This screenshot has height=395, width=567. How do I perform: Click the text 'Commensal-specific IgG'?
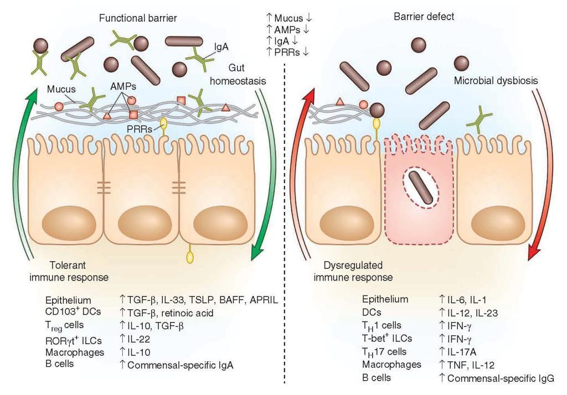[501, 378]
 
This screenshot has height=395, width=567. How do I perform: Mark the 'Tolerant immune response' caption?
[73, 271]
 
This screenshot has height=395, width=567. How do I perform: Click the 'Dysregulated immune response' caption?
[358, 271]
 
